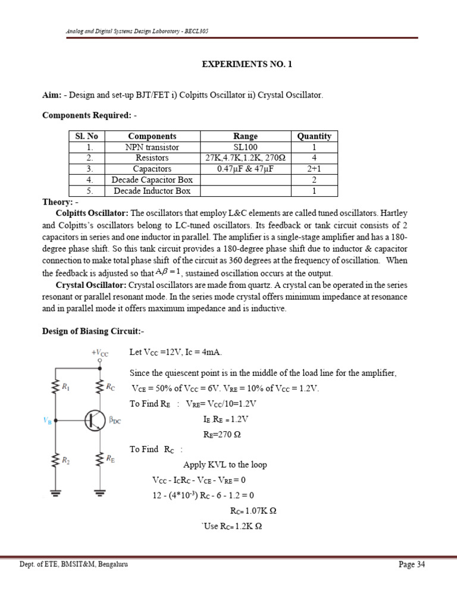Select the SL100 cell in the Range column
[246, 147]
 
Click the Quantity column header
[314, 136]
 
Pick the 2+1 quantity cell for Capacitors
[314, 169]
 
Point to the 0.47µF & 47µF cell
[246, 169]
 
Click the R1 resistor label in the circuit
[66, 387]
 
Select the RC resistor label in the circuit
[111, 387]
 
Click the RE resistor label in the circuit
[111, 458]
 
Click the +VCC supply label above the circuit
[100, 353]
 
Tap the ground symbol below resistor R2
[55, 491]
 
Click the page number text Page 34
[412, 565]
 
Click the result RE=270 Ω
[221, 434]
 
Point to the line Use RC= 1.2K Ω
[233, 526]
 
